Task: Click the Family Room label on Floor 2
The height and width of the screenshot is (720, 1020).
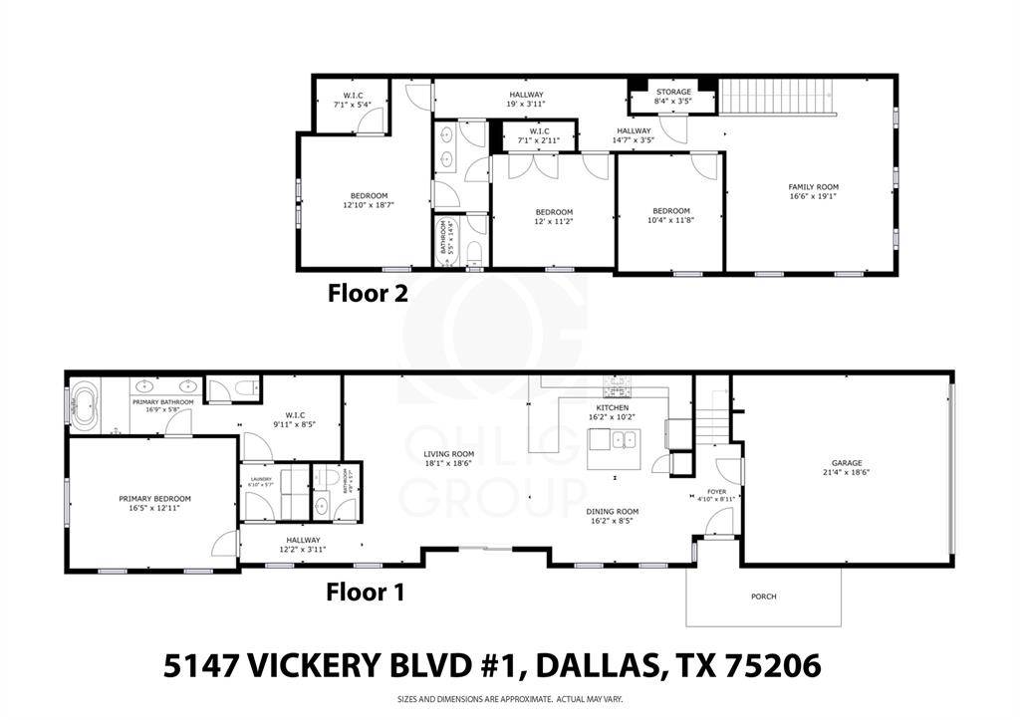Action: point(813,187)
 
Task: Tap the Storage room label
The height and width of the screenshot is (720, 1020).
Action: point(672,92)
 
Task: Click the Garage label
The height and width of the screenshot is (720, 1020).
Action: point(847,463)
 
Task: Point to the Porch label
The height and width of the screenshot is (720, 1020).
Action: point(763,597)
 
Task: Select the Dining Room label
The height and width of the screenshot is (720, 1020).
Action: point(613,512)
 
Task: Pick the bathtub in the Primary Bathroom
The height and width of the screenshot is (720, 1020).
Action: point(88,407)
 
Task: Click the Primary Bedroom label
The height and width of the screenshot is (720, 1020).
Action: point(154,499)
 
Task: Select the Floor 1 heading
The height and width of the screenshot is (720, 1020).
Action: point(366,593)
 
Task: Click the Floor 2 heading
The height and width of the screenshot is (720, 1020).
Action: point(368,294)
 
